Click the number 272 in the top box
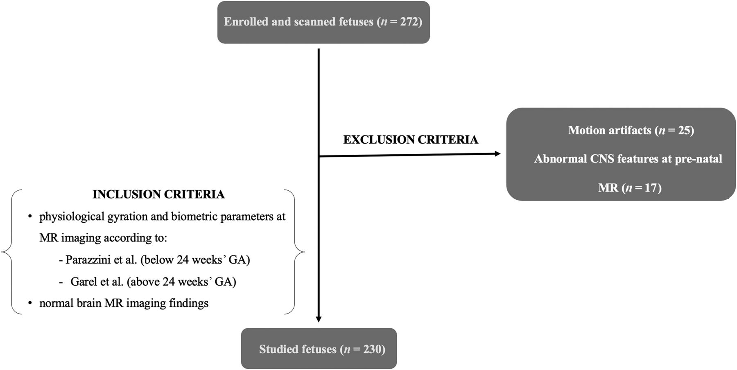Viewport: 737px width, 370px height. coord(408,22)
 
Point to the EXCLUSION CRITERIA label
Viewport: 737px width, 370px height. coord(410,140)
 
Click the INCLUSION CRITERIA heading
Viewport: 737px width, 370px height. coord(158,194)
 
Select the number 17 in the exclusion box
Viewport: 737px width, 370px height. coord(650,188)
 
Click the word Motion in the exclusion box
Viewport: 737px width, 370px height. coord(586,131)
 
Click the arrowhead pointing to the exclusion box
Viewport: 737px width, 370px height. coord(497,154)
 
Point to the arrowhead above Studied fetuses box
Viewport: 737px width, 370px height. coord(319,319)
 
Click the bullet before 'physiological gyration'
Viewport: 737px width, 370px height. coord(30,217)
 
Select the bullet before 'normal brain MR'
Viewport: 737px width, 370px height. coord(30,303)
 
